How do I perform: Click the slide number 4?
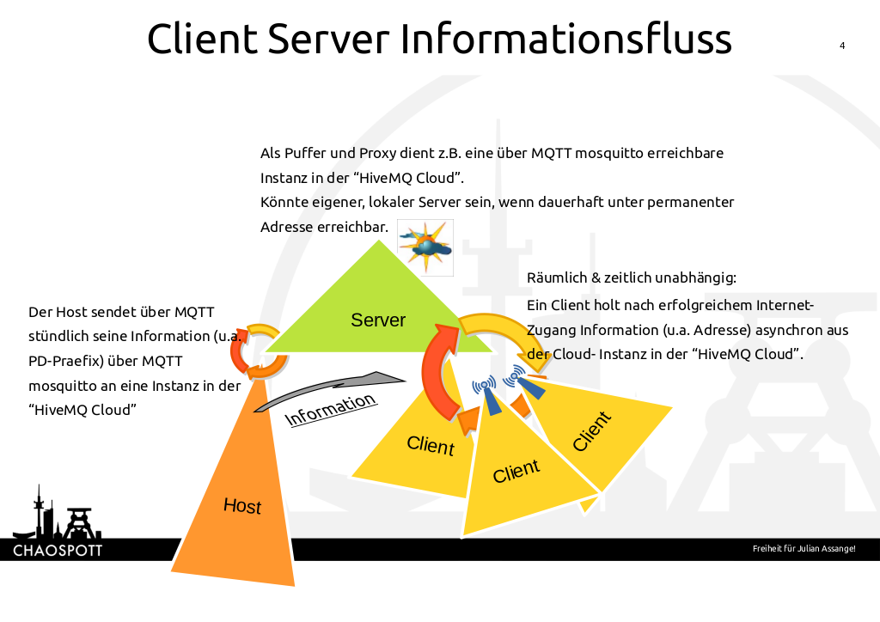(842, 46)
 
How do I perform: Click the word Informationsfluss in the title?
(566, 40)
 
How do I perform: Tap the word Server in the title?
(331, 40)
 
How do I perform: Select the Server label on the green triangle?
(378, 320)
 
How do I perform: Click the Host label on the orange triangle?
(242, 505)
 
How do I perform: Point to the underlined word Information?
(331, 410)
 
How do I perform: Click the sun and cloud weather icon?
(425, 247)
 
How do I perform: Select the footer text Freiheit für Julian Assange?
(804, 549)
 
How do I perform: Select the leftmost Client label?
(430, 445)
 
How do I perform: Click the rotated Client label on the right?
(592, 431)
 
